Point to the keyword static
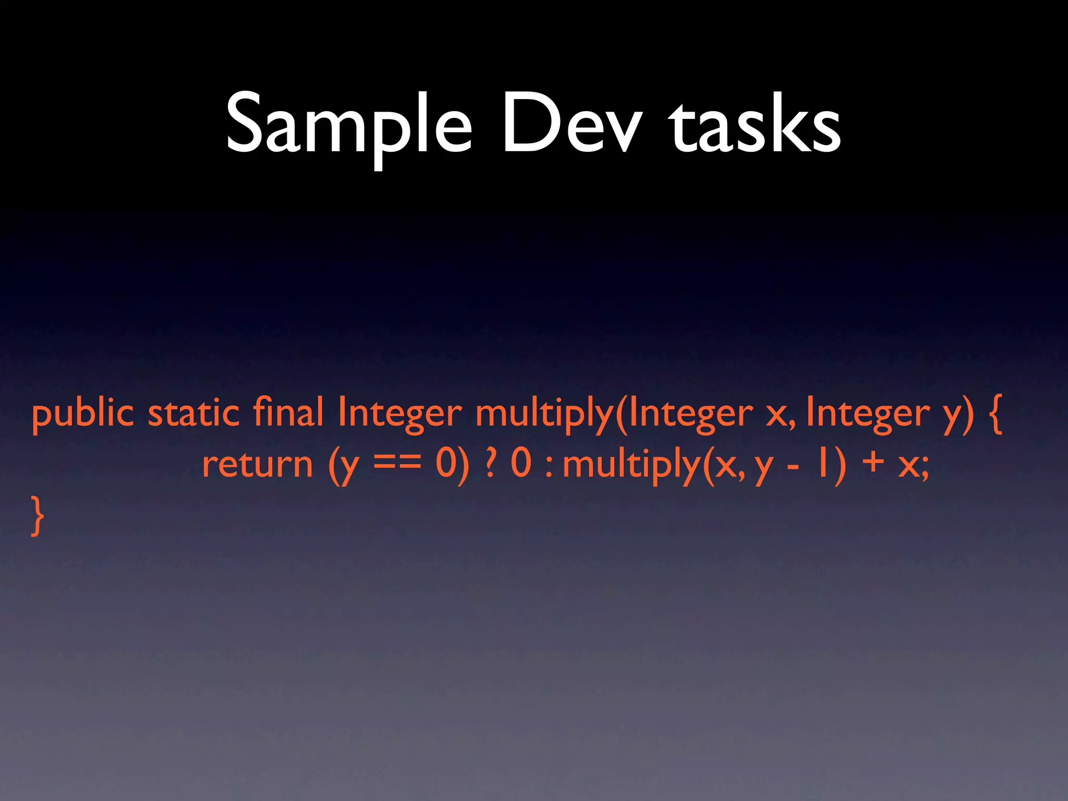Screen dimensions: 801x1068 click(x=194, y=413)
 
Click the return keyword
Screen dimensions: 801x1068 click(x=257, y=464)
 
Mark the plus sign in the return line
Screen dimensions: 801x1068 click(x=873, y=462)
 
